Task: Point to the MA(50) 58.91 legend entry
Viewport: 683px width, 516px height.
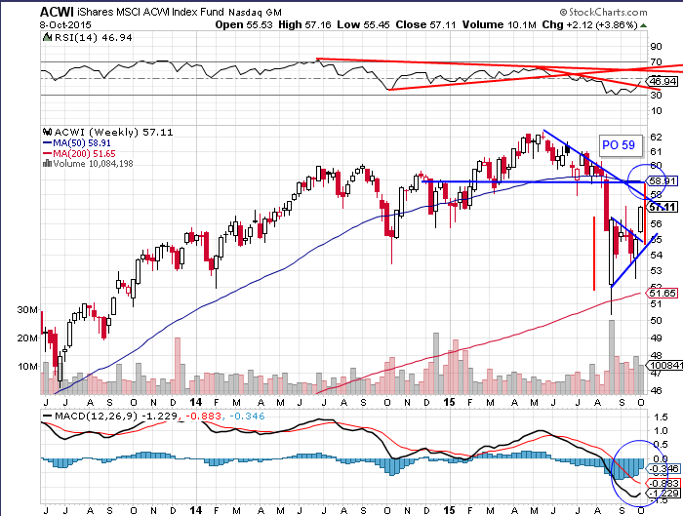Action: pos(78,141)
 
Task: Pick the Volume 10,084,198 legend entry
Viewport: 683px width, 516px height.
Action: pos(94,163)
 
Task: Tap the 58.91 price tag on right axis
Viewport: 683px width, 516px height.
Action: pos(663,180)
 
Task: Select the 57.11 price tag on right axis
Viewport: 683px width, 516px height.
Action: pos(663,207)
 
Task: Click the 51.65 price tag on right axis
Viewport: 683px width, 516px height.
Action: pos(663,293)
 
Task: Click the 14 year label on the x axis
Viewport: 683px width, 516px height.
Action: pos(195,400)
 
